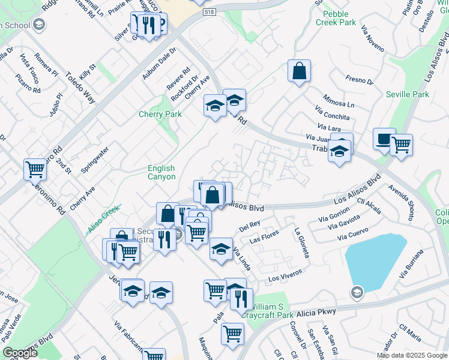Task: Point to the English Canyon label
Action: coord(161,173)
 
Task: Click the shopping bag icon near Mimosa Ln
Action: coord(299,71)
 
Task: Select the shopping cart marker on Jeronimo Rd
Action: coord(35,170)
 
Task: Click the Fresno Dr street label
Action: coord(359,79)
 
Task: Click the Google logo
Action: coord(20,353)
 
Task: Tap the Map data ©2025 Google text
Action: coord(411,355)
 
